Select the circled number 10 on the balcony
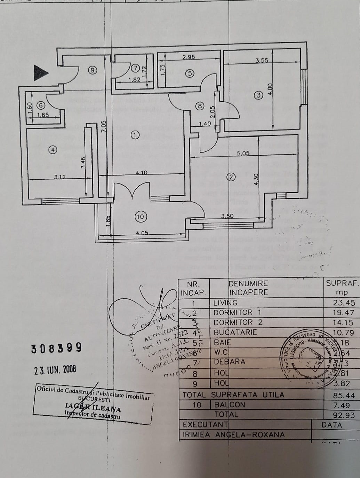[140, 217]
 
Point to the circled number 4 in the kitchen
[53, 150]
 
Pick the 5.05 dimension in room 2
[243, 153]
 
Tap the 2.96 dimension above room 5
[189, 57]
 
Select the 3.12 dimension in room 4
[60, 177]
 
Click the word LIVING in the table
[225, 303]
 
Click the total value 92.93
[343, 415]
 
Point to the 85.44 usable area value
[343, 395]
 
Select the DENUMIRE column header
[248, 284]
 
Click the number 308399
[56, 348]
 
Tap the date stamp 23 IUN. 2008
[55, 370]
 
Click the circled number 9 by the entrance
[92, 70]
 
